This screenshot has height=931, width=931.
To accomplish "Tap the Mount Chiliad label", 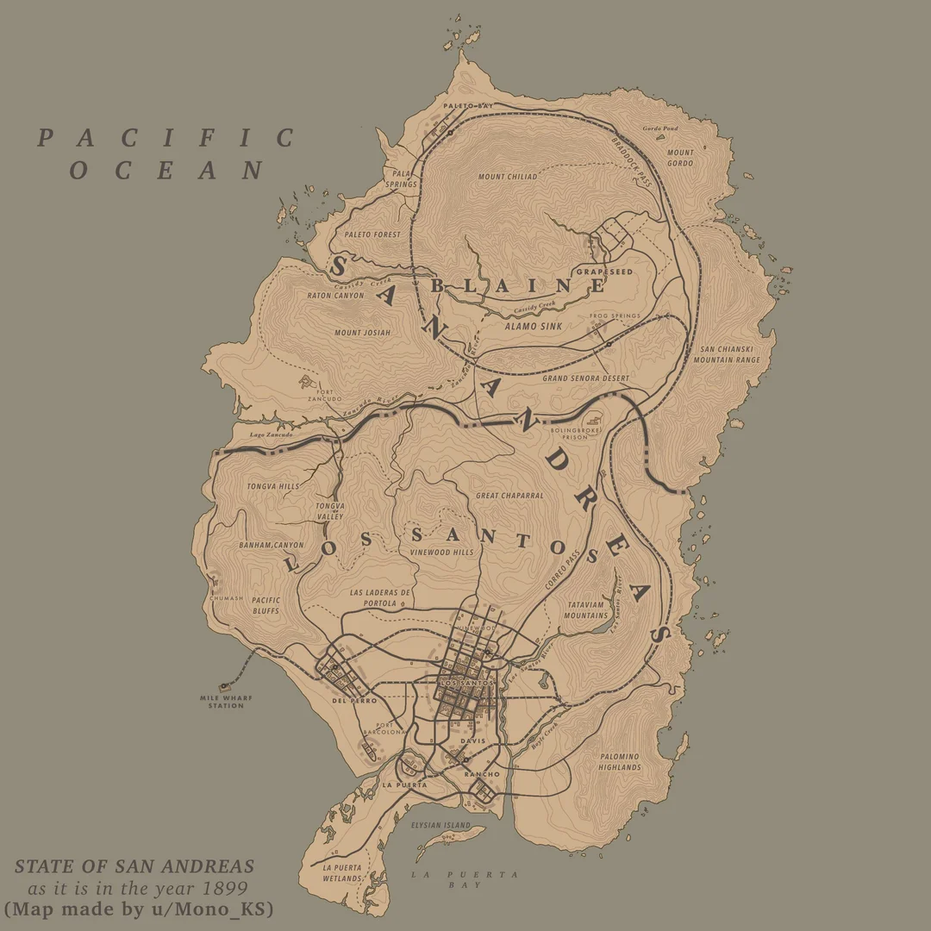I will pos(508,177).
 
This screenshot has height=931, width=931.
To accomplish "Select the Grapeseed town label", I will pos(604,272).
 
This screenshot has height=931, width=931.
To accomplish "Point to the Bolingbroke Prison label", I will pos(576,433).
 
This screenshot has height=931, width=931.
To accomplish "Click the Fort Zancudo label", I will pos(325,395).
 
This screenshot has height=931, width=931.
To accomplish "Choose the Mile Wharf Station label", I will pos(222,702).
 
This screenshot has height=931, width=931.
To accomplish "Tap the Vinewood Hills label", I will pos(441,553).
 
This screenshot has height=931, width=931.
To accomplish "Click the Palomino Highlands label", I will pos(620,762).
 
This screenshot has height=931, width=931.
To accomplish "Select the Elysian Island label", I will pos(441,825).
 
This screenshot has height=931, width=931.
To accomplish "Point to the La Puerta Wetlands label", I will pos(342,872).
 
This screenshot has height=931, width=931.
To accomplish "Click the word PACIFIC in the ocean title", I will pos(166,138).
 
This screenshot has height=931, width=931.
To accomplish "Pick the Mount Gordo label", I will pos(680,158).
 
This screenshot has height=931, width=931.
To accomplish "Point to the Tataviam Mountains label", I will pos(586,610).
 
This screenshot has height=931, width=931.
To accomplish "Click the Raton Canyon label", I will pos(335,296).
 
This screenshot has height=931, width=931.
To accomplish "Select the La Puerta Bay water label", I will pos(465,879).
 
